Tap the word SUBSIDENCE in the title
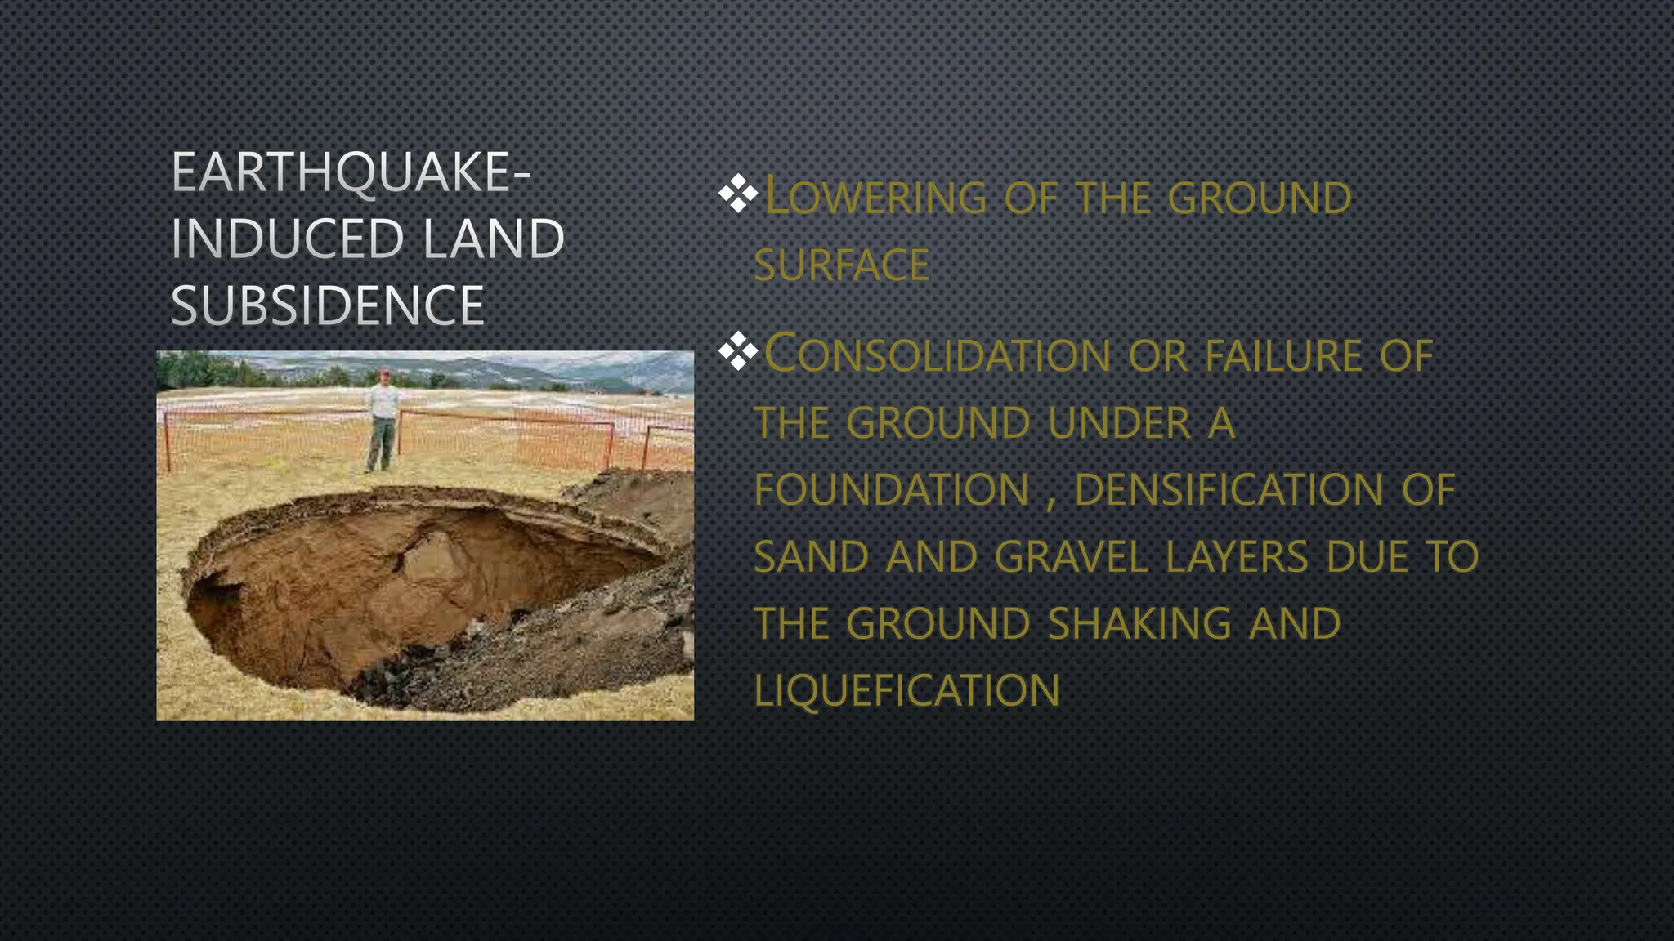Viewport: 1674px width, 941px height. click(x=328, y=306)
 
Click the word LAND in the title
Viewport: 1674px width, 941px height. click(x=494, y=239)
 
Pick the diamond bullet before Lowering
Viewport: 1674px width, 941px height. click(x=737, y=195)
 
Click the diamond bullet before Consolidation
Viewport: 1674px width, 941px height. click(x=737, y=352)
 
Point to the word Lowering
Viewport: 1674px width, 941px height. click(x=875, y=198)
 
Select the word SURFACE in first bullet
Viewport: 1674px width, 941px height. click(x=841, y=265)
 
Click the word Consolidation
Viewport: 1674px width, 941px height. click(x=937, y=355)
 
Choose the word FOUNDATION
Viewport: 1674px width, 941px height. click(x=891, y=490)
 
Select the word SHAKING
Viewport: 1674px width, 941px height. click(x=1139, y=624)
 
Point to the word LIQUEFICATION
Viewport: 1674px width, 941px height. click(x=906, y=691)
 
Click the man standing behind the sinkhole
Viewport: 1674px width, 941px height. click(x=383, y=421)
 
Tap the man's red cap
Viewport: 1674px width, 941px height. click(x=384, y=372)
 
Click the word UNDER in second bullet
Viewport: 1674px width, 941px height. click(x=1119, y=423)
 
